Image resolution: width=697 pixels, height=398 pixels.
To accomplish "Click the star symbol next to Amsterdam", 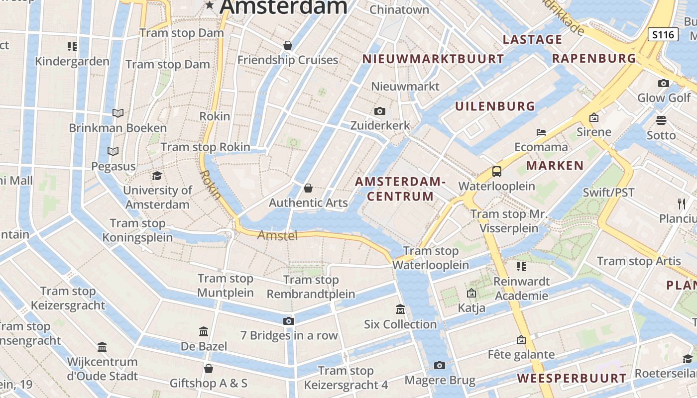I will click(x=210, y=5).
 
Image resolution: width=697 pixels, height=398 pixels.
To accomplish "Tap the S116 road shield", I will click(x=663, y=34).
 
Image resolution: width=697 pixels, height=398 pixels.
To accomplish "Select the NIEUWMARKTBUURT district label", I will click(x=433, y=59).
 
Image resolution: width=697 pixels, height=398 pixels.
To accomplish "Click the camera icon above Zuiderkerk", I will click(x=380, y=111).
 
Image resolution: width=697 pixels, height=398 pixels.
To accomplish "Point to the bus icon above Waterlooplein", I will click(x=496, y=172).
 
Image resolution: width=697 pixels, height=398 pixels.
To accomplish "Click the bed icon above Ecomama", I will click(x=541, y=132).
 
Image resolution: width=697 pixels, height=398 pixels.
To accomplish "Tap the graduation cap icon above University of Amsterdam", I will click(x=157, y=176).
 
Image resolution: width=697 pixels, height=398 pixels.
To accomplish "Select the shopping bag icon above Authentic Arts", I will click(x=308, y=188).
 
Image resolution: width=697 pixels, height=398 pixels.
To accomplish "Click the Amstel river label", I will click(x=277, y=235).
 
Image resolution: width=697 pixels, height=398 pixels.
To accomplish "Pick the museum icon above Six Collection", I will click(x=400, y=309).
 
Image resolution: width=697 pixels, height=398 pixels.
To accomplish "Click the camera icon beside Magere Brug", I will click(x=439, y=366).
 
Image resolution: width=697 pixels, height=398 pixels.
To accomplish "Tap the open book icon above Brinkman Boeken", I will click(x=118, y=113).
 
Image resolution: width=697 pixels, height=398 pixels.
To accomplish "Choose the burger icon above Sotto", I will click(x=661, y=120).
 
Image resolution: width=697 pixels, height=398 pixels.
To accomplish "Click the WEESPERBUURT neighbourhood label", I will click(x=572, y=378).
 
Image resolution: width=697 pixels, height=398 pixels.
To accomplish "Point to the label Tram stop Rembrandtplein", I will click(x=311, y=287).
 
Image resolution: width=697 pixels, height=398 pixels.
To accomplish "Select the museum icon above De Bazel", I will click(x=204, y=331).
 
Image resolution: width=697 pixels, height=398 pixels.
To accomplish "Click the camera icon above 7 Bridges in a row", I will click(x=289, y=321).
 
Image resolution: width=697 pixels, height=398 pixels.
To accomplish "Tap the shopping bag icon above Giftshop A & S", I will click(x=209, y=369).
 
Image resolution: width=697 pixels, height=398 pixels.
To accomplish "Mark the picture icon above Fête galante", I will click(x=521, y=340).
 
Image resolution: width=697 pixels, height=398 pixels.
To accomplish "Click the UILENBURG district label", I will click(x=495, y=106).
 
